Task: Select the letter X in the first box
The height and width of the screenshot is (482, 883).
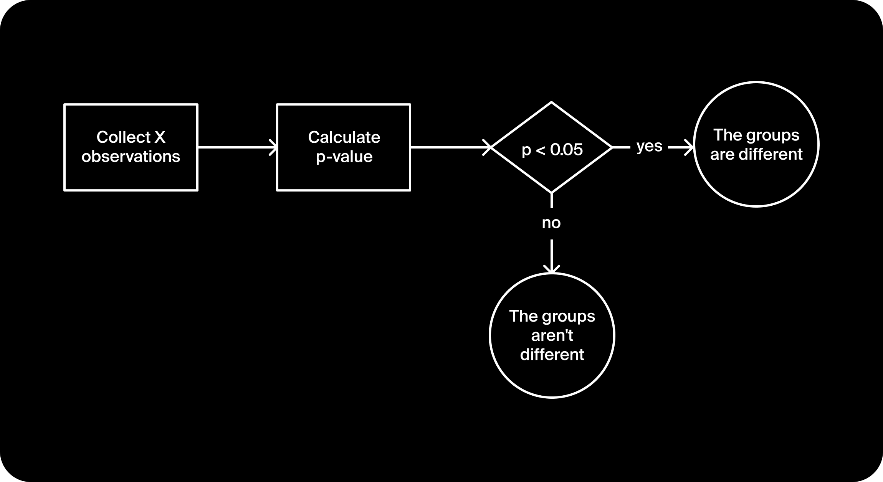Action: click(160, 137)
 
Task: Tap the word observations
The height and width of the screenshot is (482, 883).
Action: click(131, 157)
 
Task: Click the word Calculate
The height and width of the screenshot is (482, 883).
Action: click(344, 137)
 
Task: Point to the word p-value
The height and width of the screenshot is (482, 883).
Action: click(344, 157)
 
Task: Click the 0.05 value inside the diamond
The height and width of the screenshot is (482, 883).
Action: click(566, 149)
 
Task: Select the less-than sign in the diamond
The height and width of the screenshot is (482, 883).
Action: click(540, 150)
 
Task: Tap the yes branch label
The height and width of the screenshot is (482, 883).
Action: click(649, 146)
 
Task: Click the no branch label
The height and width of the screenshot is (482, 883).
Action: click(551, 223)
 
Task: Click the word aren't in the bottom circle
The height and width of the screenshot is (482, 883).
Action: click(552, 335)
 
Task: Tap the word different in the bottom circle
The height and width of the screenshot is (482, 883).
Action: click(552, 354)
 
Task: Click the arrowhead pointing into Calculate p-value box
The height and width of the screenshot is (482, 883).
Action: click(273, 147)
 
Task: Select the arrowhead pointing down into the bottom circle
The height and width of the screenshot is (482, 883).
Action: click(552, 269)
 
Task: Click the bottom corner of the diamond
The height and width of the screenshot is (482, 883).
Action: click(552, 192)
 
